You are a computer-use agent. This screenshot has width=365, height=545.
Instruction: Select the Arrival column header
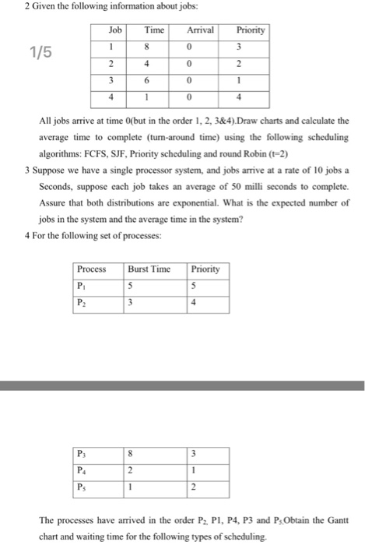tap(201, 30)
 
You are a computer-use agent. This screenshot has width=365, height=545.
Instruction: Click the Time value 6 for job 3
tap(153, 81)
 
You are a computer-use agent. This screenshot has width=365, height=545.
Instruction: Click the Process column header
tap(92, 269)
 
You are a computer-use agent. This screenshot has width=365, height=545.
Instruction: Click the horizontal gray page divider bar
tap(182, 385)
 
